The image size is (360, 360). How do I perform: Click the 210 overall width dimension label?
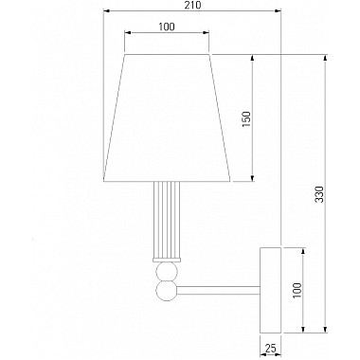192,5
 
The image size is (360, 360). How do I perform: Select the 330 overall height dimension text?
319,194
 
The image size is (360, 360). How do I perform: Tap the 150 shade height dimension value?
246,118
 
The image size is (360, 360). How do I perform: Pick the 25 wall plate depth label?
270,349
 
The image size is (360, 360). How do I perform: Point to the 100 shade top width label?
167,27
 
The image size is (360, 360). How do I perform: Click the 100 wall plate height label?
297,291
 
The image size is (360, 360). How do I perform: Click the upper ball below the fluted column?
167,272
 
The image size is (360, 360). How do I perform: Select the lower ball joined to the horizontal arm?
167,291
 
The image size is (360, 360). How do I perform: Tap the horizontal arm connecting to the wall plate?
219,291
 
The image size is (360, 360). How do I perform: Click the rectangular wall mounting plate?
270,290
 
